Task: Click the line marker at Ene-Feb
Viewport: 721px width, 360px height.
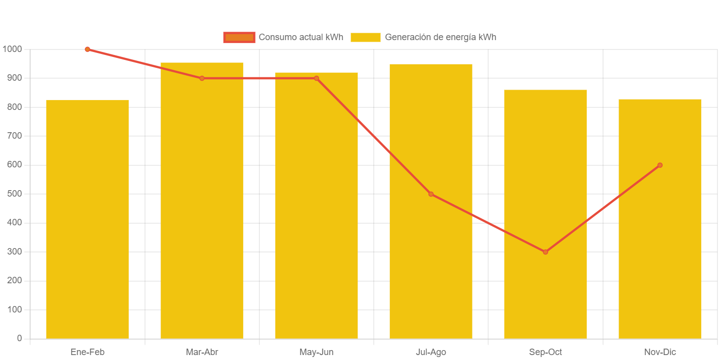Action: (87, 50)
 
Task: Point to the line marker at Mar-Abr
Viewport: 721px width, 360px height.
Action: (202, 78)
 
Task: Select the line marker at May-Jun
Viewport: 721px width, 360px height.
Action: (316, 78)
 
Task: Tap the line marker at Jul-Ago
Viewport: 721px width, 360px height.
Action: (431, 194)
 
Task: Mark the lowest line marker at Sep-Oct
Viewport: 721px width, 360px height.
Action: (545, 252)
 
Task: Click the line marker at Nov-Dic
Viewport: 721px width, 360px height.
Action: (660, 165)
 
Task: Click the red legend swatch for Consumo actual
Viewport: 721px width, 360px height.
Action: (239, 37)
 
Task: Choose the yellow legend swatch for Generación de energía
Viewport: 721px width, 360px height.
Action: (365, 37)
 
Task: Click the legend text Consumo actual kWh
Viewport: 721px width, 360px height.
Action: (301, 37)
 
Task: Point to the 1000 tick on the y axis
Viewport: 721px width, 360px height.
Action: (12, 49)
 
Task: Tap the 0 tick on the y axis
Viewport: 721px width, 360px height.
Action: (19, 338)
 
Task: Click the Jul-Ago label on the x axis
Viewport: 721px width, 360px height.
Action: (431, 352)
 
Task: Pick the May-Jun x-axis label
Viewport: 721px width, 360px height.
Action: (316, 352)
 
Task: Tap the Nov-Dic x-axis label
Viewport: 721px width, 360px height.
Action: (660, 352)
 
